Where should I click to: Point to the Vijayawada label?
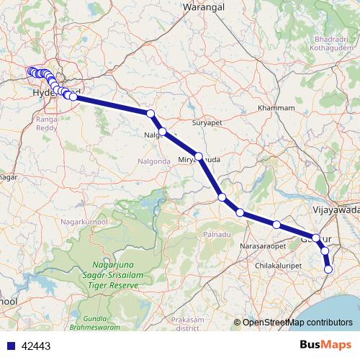pyautogui.click(x=336, y=210)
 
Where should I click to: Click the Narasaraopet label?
pyautogui.click(x=263, y=246)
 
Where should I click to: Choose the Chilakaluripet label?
pyautogui.click(x=281, y=266)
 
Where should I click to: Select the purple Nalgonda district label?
pyautogui.click(x=154, y=161)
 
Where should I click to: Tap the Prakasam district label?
pyautogui.click(x=187, y=323)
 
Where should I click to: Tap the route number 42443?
pyautogui.click(x=36, y=346)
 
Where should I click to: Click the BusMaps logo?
pyautogui.click(x=330, y=345)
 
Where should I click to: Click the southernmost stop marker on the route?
pyautogui.click(x=328, y=269)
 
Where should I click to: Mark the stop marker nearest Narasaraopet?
pyautogui.click(x=276, y=225)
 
